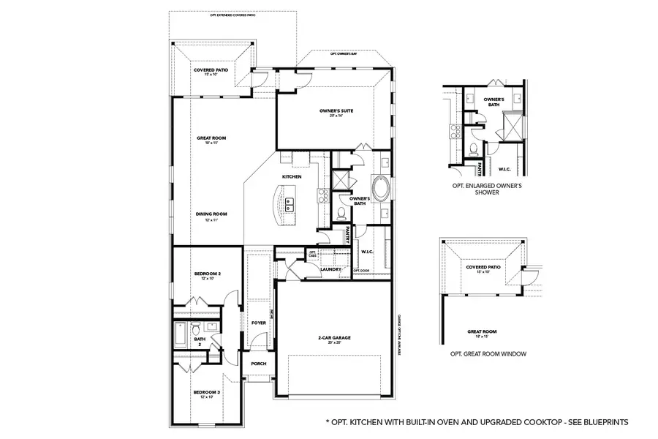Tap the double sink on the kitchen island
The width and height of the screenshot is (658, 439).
click(x=290, y=202)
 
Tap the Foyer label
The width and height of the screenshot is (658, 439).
click(x=258, y=322)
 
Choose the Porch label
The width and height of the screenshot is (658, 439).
click(x=258, y=364)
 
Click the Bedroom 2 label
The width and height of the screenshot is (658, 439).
click(x=207, y=276)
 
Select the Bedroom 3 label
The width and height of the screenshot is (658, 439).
click(x=207, y=394)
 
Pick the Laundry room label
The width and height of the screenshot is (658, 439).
click(x=331, y=269)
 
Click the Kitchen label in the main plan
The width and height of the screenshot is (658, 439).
click(x=292, y=177)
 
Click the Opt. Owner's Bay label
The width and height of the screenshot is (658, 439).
click(x=342, y=54)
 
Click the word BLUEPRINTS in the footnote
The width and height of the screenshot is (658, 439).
click(x=603, y=422)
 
